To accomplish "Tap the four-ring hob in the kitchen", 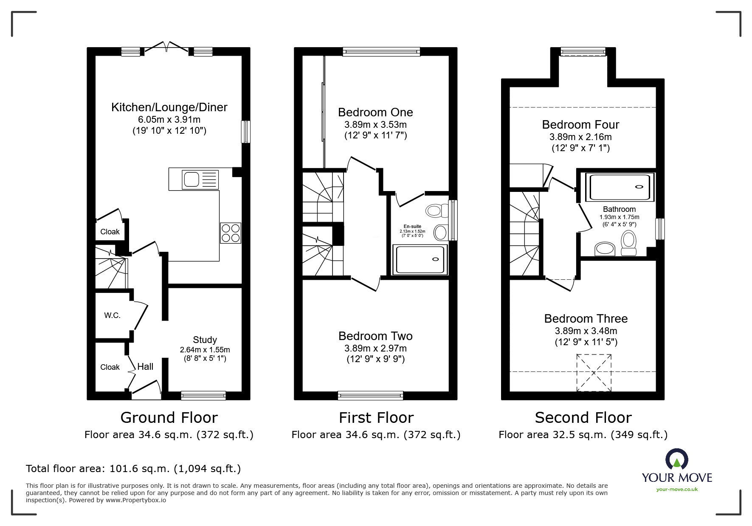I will tap(231, 233).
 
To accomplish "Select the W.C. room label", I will tap(112, 315).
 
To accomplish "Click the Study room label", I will tap(205, 340).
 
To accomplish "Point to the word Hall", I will tap(145, 367).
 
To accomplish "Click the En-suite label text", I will tap(412, 226).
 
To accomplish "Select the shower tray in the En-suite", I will tap(420, 259).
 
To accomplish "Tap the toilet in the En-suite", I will tap(436, 211).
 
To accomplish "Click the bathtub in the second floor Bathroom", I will tap(620, 187).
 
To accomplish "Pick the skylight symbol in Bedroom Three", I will tap(594, 373).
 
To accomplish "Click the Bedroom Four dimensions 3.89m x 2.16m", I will tap(580, 137).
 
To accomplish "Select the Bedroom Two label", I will tap(375, 336).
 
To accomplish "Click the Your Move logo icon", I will tap(676, 460).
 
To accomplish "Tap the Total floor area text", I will tap(133, 469).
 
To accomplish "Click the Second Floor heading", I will tap(583, 418).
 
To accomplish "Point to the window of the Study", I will tap(203, 395).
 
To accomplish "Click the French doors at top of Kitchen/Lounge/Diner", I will tap(167, 48).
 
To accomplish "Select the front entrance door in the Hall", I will tap(146, 389).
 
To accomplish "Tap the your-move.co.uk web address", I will tap(677, 489).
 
